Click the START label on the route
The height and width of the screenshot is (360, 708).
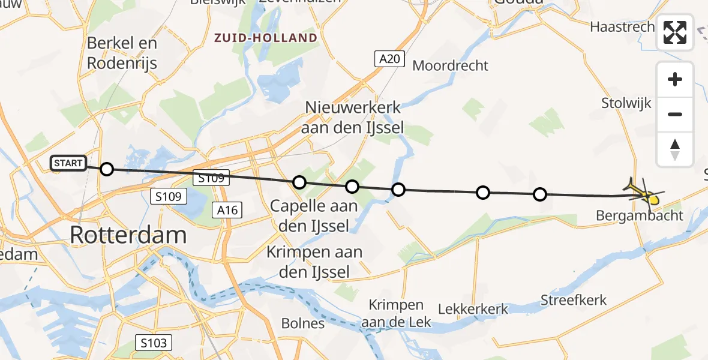68,163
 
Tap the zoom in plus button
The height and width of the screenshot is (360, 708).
675,79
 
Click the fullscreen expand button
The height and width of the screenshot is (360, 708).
675,32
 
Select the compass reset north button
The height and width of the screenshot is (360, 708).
675,149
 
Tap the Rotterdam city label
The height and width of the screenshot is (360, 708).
128,235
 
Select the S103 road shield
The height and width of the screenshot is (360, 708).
154,343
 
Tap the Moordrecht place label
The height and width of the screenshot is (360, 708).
451,65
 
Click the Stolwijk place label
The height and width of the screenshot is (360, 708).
626,103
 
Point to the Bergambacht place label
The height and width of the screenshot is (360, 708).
640,215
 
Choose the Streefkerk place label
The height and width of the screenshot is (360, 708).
574,299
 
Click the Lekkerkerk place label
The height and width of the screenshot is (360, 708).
473,310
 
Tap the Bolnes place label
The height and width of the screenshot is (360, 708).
303,323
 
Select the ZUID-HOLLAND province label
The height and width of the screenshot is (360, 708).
266,38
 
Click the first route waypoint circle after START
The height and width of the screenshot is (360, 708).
106,169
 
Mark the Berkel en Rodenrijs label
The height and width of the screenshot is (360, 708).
122,53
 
